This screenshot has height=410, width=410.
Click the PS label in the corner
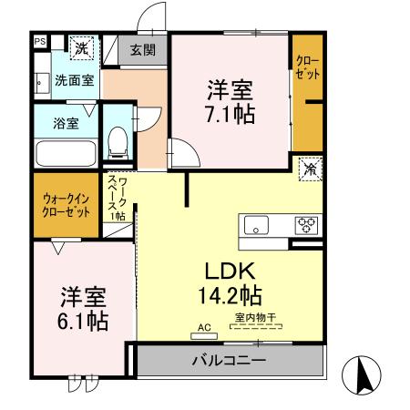tap(39, 41)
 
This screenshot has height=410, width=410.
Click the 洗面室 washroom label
tap(74, 80)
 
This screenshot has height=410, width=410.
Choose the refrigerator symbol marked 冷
tap(311, 169)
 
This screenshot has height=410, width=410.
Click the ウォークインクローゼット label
tap(66, 205)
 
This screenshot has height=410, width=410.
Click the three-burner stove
tap(304, 222)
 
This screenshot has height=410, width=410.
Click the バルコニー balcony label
tap(228, 360)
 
